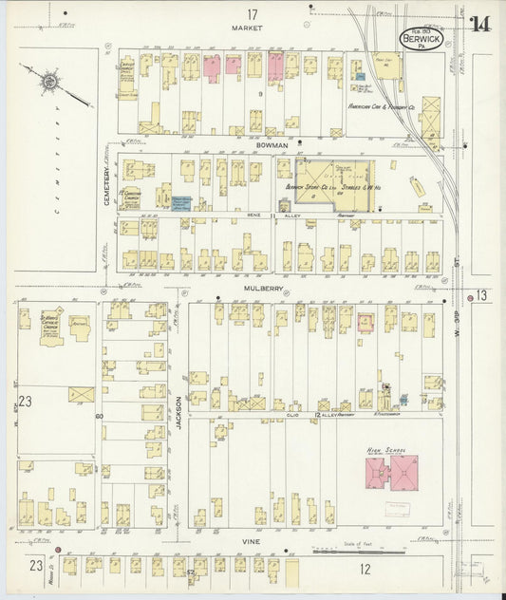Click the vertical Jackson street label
click(x=178, y=415)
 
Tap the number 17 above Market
click(x=252, y=13)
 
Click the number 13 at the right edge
click(x=483, y=295)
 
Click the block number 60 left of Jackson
click(x=98, y=416)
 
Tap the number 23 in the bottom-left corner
click(x=34, y=567)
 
